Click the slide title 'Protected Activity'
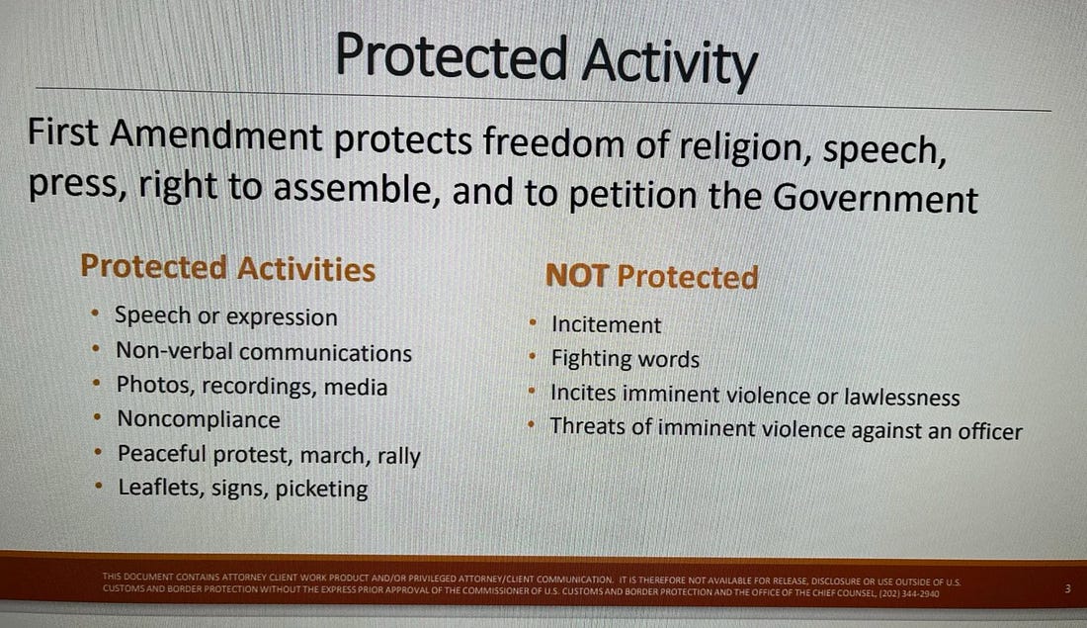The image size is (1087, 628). pyautogui.click(x=546, y=59)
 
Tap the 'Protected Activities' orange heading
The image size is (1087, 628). pyautogui.click(x=228, y=268)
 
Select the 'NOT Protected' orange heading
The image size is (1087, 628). pyautogui.click(x=651, y=276)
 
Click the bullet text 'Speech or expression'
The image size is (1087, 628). pyautogui.click(x=226, y=316)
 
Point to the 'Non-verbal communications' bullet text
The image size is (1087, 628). pyautogui.click(x=264, y=352)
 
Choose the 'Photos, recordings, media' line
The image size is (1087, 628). pyautogui.click(x=252, y=386)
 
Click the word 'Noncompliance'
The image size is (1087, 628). pyautogui.click(x=199, y=419)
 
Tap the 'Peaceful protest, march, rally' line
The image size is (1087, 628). pyautogui.click(x=269, y=455)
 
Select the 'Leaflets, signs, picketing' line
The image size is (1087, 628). pyautogui.click(x=243, y=488)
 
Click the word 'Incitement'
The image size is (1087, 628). pyautogui.click(x=607, y=324)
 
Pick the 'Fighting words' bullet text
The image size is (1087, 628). pyautogui.click(x=626, y=359)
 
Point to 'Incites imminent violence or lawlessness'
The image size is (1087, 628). pyautogui.click(x=755, y=395)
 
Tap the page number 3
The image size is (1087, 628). pyautogui.click(x=1067, y=588)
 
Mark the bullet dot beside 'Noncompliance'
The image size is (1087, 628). pyautogui.click(x=98, y=417)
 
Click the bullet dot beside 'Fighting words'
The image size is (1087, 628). pyautogui.click(x=533, y=357)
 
